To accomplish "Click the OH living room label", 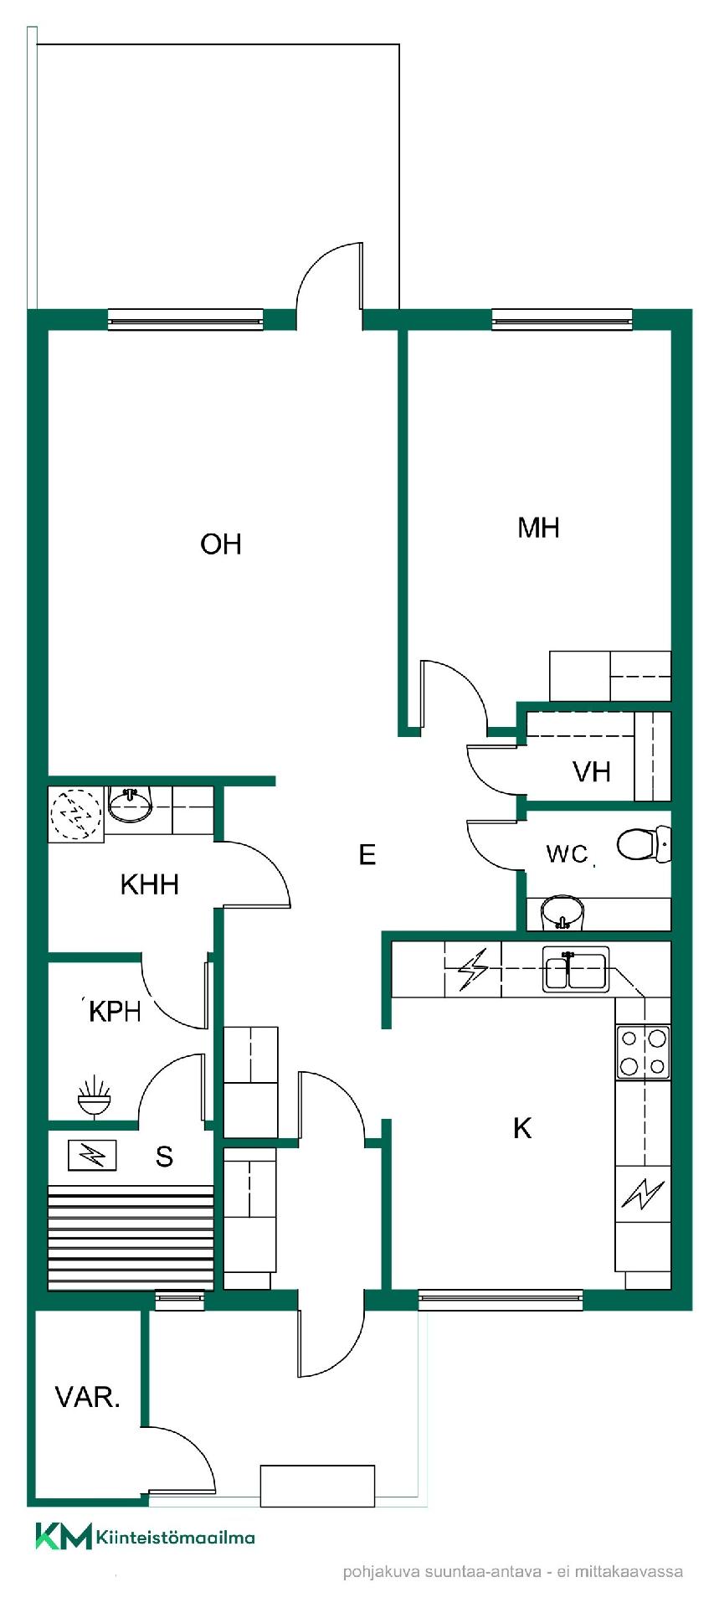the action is pos(221,544).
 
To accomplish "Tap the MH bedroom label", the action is pos(538,528).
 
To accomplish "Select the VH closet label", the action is pos(592,771).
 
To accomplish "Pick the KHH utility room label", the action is pos(150,884).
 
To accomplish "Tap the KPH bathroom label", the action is pos(115,1012).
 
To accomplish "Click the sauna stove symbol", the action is pos(92,1157).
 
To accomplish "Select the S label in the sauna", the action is pos(164,1157).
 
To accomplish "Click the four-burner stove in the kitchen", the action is pos(643,1052).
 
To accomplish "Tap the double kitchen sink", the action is pos(576,969).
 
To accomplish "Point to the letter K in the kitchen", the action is pos(521,1128).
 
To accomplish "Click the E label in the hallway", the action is pos(367,854).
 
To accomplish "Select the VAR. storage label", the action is pos(88,1397).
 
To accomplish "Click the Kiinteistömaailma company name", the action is pos(176,1537).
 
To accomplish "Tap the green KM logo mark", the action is pos(64,1537).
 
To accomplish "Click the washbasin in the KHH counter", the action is pos(130,805).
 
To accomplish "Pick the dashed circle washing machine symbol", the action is pos(76,812).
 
